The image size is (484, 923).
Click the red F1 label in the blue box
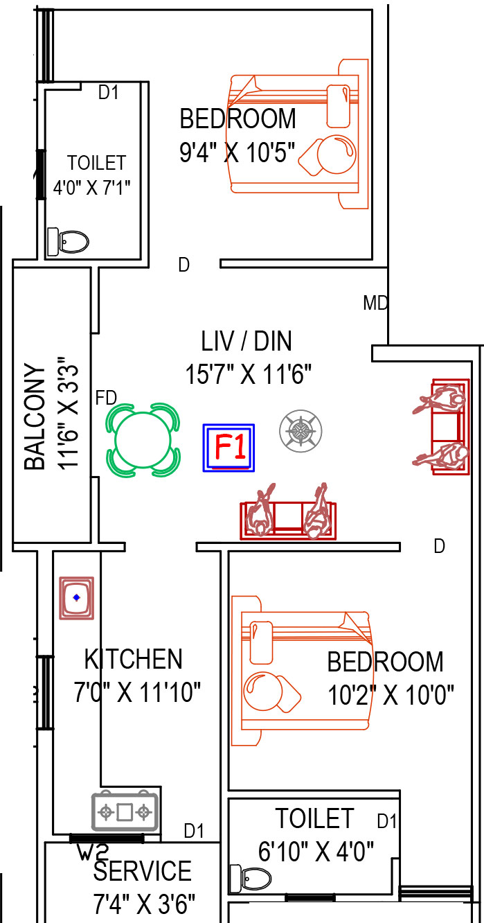(231, 447)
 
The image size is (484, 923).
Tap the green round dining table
(143, 440)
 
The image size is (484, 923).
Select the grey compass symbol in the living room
(301, 430)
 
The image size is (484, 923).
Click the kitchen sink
(77, 597)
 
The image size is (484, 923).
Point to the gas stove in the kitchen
(125, 811)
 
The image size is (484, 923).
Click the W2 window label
(93, 852)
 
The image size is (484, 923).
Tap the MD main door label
(375, 304)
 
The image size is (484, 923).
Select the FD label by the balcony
(106, 398)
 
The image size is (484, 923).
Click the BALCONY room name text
(35, 416)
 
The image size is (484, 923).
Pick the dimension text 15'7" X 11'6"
(249, 374)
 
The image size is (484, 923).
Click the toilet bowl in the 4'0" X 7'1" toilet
(68, 241)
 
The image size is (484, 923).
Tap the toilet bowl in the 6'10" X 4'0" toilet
(251, 879)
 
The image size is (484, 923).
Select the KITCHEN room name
(134, 659)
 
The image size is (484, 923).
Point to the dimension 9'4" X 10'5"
(237, 152)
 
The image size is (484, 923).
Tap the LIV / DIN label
(247, 341)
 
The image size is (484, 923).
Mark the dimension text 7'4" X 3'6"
(144, 904)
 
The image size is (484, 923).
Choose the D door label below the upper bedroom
(183, 265)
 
